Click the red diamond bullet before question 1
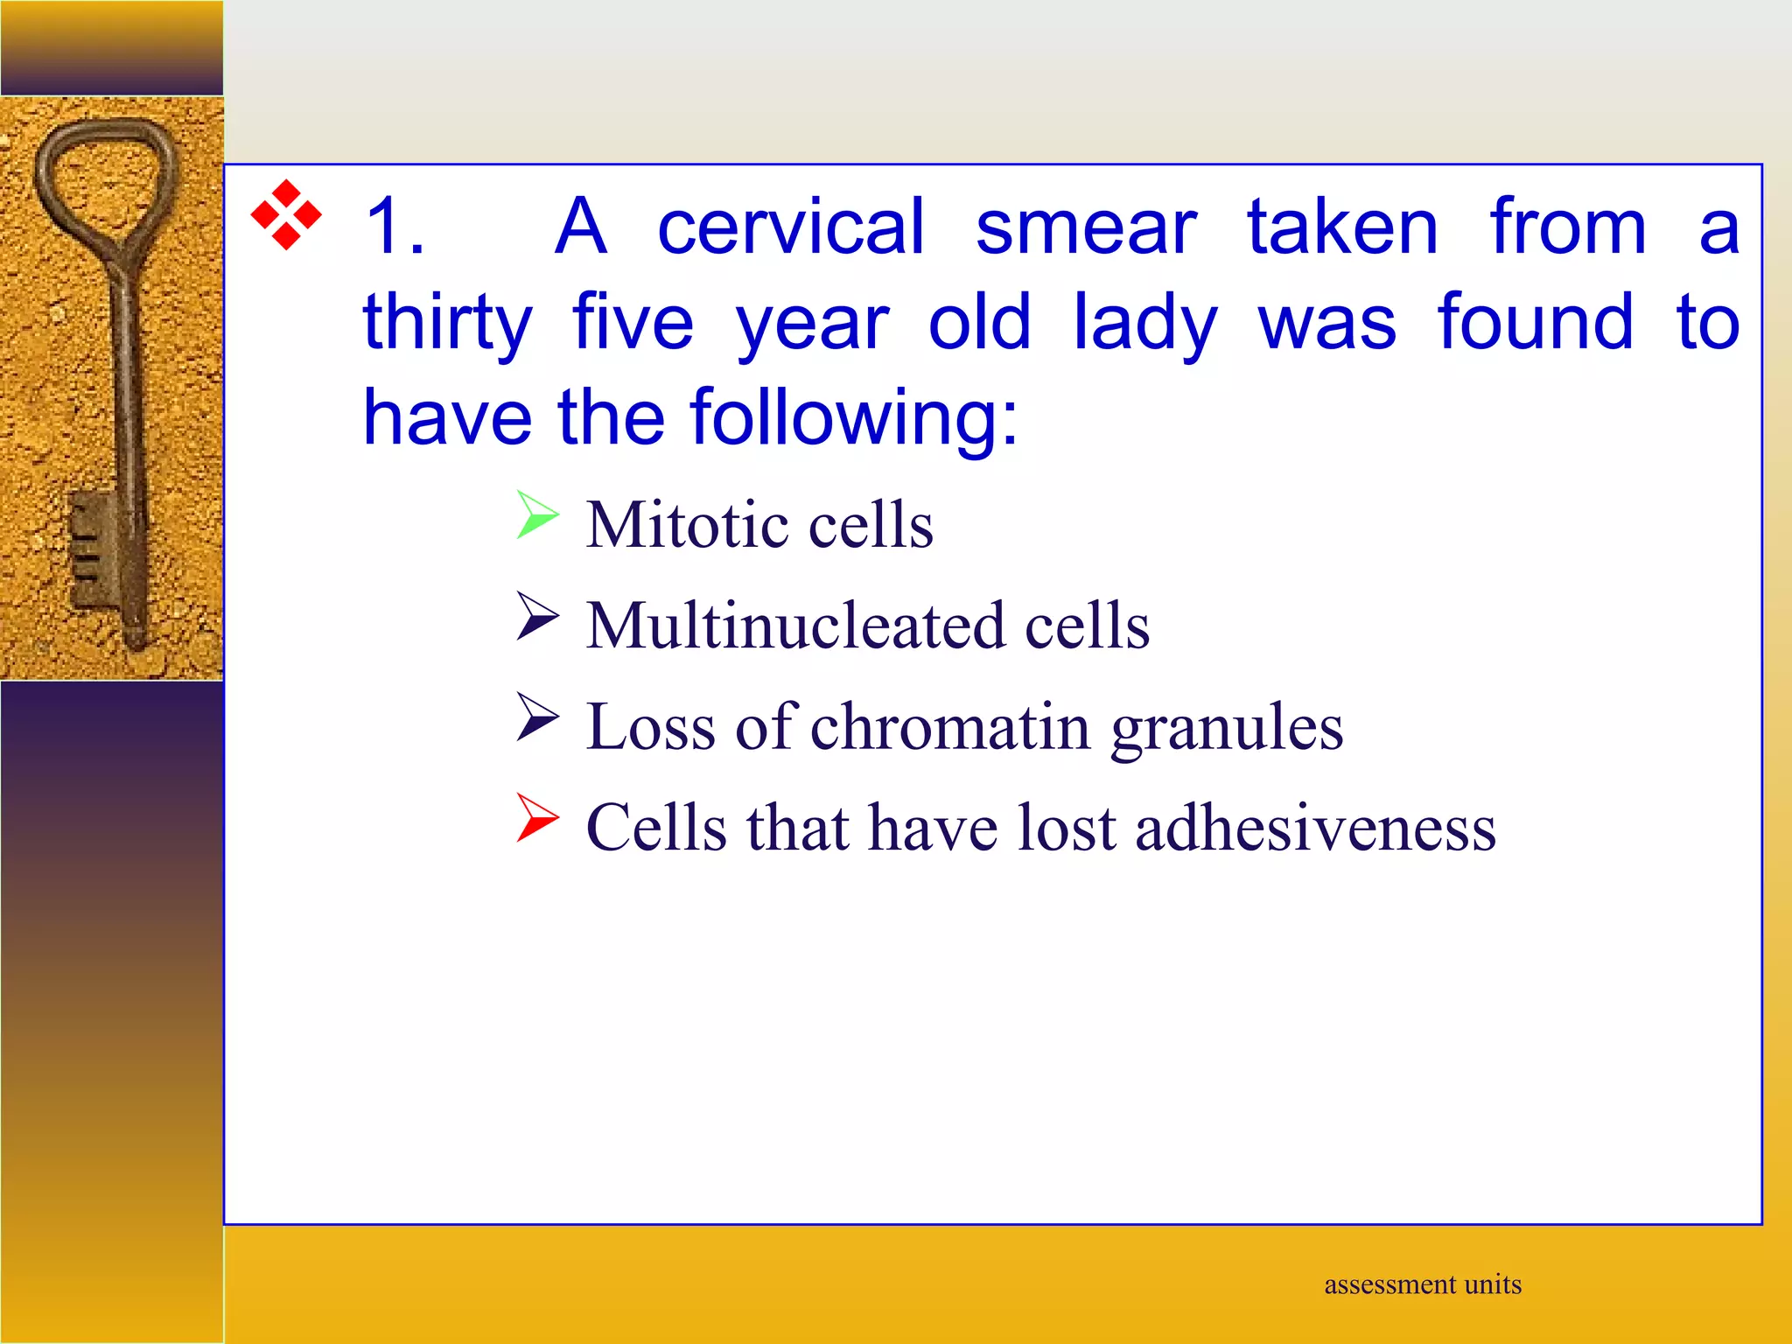click(285, 215)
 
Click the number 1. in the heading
click(395, 227)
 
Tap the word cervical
click(790, 227)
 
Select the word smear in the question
click(1085, 227)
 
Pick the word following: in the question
click(854, 417)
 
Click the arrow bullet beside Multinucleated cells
click(536, 616)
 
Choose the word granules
click(1227, 729)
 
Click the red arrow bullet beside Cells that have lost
click(536, 817)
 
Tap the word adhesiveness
click(1315, 828)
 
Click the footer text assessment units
click(1422, 1284)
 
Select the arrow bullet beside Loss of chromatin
click(536, 717)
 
